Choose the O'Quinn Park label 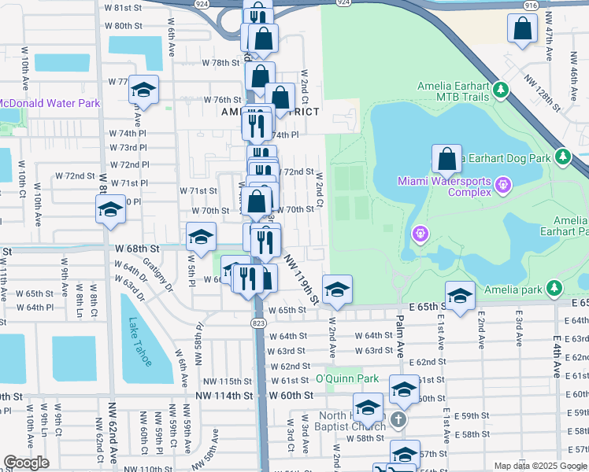[x=347, y=378]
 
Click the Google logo [x=26, y=462]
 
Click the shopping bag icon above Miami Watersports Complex [x=446, y=159]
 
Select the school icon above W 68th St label [x=201, y=235]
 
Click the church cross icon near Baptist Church [x=398, y=419]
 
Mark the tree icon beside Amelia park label [x=557, y=289]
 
